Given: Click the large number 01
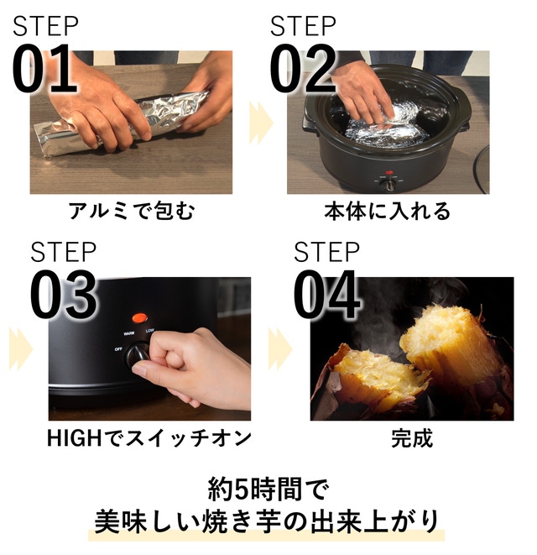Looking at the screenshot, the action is click(44, 69).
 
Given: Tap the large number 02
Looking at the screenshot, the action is click(303, 69).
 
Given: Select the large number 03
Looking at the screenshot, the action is click(64, 295).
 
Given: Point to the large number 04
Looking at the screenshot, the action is click(326, 295).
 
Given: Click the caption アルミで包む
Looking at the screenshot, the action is click(131, 211).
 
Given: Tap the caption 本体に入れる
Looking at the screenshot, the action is click(388, 211).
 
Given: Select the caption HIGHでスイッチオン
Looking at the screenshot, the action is click(149, 438).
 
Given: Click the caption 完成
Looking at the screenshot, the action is click(412, 438).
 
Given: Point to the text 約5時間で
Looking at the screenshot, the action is click(268, 490).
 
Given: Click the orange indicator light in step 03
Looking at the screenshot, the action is click(140, 318).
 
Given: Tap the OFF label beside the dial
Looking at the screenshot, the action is click(118, 349).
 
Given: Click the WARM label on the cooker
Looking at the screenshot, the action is click(128, 334).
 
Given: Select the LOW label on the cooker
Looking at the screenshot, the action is click(150, 331).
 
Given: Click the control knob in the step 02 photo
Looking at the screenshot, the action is click(389, 184).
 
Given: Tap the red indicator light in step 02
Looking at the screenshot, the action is click(389, 173).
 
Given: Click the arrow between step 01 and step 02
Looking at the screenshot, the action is click(261, 123).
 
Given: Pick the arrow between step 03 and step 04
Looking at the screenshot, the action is click(280, 349).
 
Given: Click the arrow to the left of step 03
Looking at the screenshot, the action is click(21, 349).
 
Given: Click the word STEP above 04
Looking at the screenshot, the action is click(326, 252).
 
